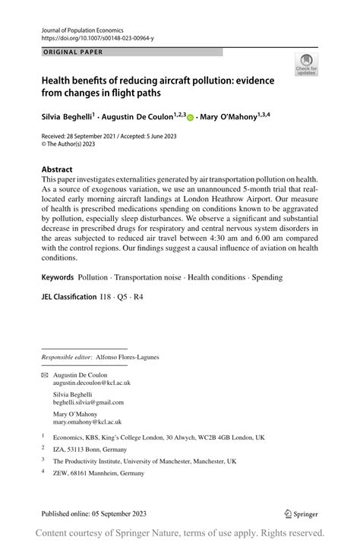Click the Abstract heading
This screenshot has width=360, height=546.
pyautogui.click(x=58, y=169)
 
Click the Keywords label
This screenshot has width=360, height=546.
pyautogui.click(x=57, y=277)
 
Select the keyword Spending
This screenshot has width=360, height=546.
pyautogui.click(x=267, y=277)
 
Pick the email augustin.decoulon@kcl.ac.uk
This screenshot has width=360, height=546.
pyautogui.click(x=86, y=384)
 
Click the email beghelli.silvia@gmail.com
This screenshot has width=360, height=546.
pyautogui.click(x=83, y=402)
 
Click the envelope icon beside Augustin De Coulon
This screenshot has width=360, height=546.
pyautogui.click(x=44, y=376)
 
